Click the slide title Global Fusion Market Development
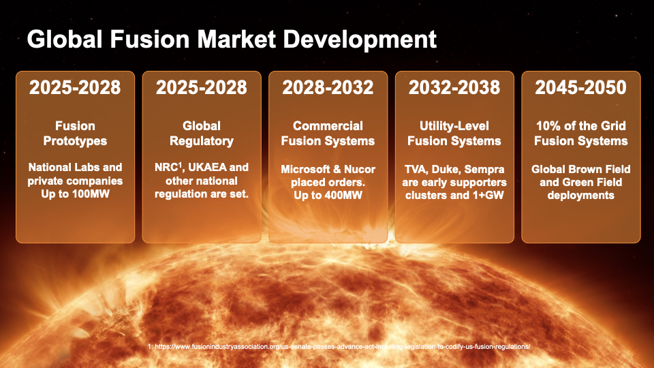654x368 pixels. point(232,39)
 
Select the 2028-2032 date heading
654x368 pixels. point(328,87)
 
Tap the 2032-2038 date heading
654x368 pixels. point(454,87)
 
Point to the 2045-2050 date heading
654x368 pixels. point(580,87)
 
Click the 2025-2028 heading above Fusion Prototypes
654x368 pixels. point(75,87)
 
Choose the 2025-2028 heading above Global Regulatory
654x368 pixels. point(202,87)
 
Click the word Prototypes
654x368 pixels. point(75,141)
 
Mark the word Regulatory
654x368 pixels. point(202,141)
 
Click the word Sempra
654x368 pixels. point(486,168)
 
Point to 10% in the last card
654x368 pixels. point(546,126)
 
